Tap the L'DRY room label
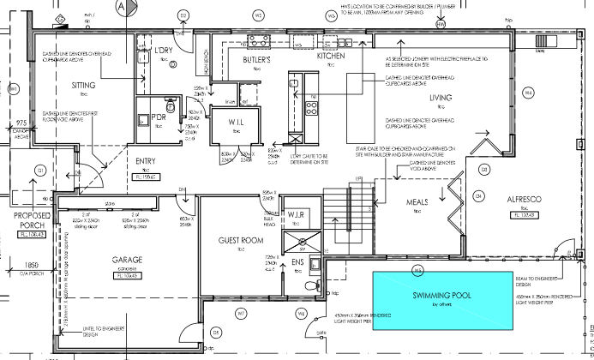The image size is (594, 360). [164, 50]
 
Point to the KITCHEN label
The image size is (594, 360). [331, 56]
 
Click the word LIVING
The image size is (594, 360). [441, 98]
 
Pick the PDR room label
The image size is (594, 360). [157, 117]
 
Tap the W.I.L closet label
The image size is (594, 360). [237, 123]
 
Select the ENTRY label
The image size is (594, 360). [146, 161]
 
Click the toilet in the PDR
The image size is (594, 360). [171, 108]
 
